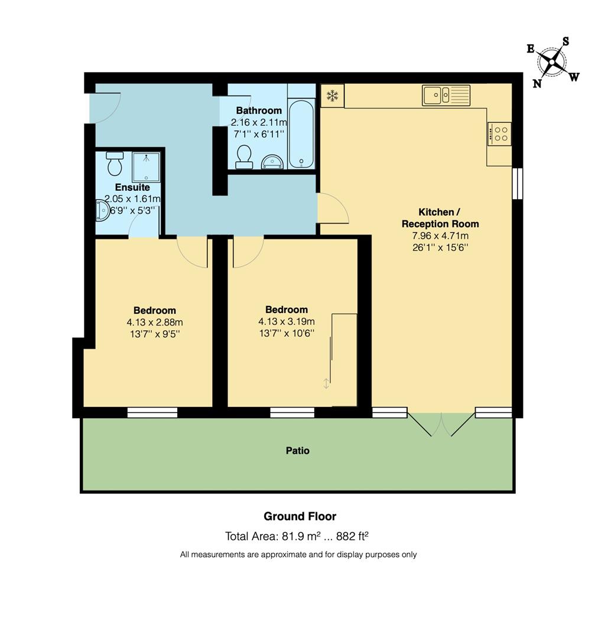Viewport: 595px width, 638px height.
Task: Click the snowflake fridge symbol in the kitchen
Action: (x=333, y=96)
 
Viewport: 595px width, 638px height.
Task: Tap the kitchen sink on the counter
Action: (x=446, y=95)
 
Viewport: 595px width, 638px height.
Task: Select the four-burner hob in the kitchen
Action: (x=499, y=134)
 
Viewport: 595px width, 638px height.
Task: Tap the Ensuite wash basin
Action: (x=102, y=210)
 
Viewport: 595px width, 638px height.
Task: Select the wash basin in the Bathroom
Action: (x=272, y=161)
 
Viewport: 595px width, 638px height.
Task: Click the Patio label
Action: (x=297, y=451)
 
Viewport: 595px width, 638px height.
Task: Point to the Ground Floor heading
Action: (x=300, y=516)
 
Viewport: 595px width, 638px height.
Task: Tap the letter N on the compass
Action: (x=537, y=83)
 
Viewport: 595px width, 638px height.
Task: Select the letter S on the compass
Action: (x=565, y=41)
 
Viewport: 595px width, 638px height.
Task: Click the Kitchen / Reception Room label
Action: (x=440, y=218)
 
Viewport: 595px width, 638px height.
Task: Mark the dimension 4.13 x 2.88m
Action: (x=154, y=322)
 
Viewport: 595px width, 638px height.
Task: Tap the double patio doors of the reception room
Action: (x=441, y=424)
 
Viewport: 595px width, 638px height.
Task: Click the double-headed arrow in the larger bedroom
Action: (x=326, y=383)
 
